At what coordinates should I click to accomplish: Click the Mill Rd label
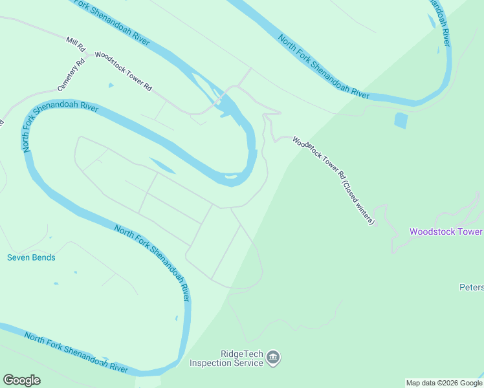(76, 44)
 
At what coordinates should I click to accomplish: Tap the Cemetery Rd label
(71, 75)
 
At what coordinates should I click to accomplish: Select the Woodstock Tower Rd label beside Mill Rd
(123, 70)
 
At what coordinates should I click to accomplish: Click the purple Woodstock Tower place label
(446, 232)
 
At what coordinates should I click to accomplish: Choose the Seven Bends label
(31, 257)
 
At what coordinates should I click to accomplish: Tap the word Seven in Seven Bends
(19, 257)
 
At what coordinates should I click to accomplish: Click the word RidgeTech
(241, 354)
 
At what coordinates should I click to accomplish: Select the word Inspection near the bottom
(212, 363)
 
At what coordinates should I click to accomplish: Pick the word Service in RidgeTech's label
(250, 363)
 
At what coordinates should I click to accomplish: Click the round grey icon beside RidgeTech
(273, 358)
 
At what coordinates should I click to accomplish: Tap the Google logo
(21, 380)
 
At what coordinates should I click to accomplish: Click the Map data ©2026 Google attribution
(444, 383)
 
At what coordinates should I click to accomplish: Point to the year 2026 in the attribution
(444, 383)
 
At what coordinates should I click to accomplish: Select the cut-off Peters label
(471, 287)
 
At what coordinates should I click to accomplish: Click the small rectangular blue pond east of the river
(401, 120)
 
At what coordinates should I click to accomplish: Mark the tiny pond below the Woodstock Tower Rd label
(111, 85)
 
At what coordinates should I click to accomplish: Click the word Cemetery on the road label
(68, 80)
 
